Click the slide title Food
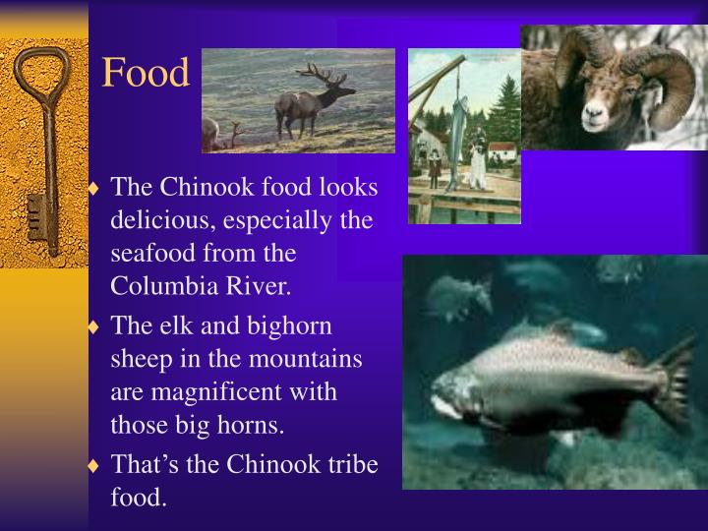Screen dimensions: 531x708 (146, 73)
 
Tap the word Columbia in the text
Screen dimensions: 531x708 (159, 286)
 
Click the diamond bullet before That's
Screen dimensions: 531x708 (94, 465)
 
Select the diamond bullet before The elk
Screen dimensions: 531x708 (94, 326)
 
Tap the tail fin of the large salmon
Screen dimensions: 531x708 (675, 380)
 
